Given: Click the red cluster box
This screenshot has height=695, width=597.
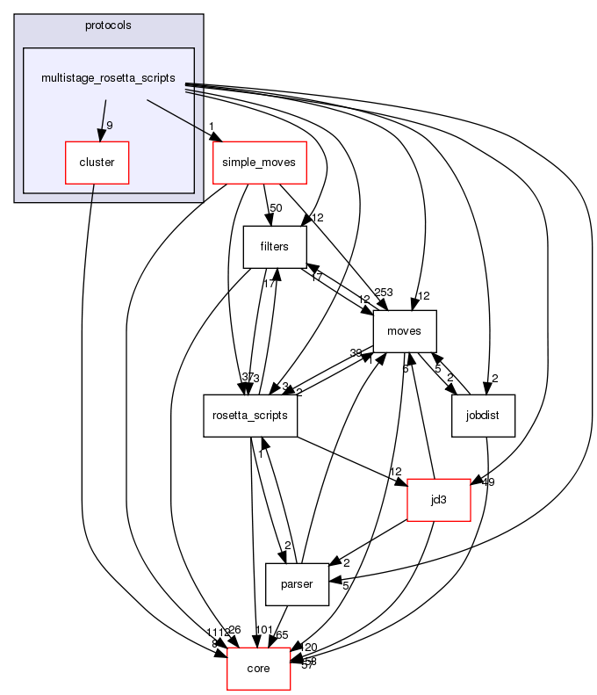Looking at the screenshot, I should coord(97,163).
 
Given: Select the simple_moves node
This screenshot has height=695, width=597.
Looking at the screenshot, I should coord(259,163).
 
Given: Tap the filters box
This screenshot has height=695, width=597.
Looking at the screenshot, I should coord(274,247).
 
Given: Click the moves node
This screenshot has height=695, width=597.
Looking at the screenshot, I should coord(405,331).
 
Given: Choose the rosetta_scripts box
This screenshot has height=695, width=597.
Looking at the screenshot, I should coord(250,416).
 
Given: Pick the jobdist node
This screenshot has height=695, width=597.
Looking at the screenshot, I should coord(483,416).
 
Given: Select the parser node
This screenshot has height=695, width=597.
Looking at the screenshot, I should coord(297,584).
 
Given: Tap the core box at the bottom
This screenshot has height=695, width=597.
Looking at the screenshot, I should coord(259,669).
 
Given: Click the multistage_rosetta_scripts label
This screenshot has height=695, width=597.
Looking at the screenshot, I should coord(109,78).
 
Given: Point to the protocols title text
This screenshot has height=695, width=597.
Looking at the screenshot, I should coord(108,25).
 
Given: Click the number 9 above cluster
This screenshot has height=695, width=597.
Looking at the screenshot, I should coord(110,126).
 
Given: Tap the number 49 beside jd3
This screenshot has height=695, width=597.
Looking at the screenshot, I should coord(489,481).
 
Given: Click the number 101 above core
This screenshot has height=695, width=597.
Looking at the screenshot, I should coord(264,630).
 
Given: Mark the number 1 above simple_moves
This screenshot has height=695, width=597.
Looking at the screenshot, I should coord(212,126).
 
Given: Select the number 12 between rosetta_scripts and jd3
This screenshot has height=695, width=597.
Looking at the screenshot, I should coord(395,473).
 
